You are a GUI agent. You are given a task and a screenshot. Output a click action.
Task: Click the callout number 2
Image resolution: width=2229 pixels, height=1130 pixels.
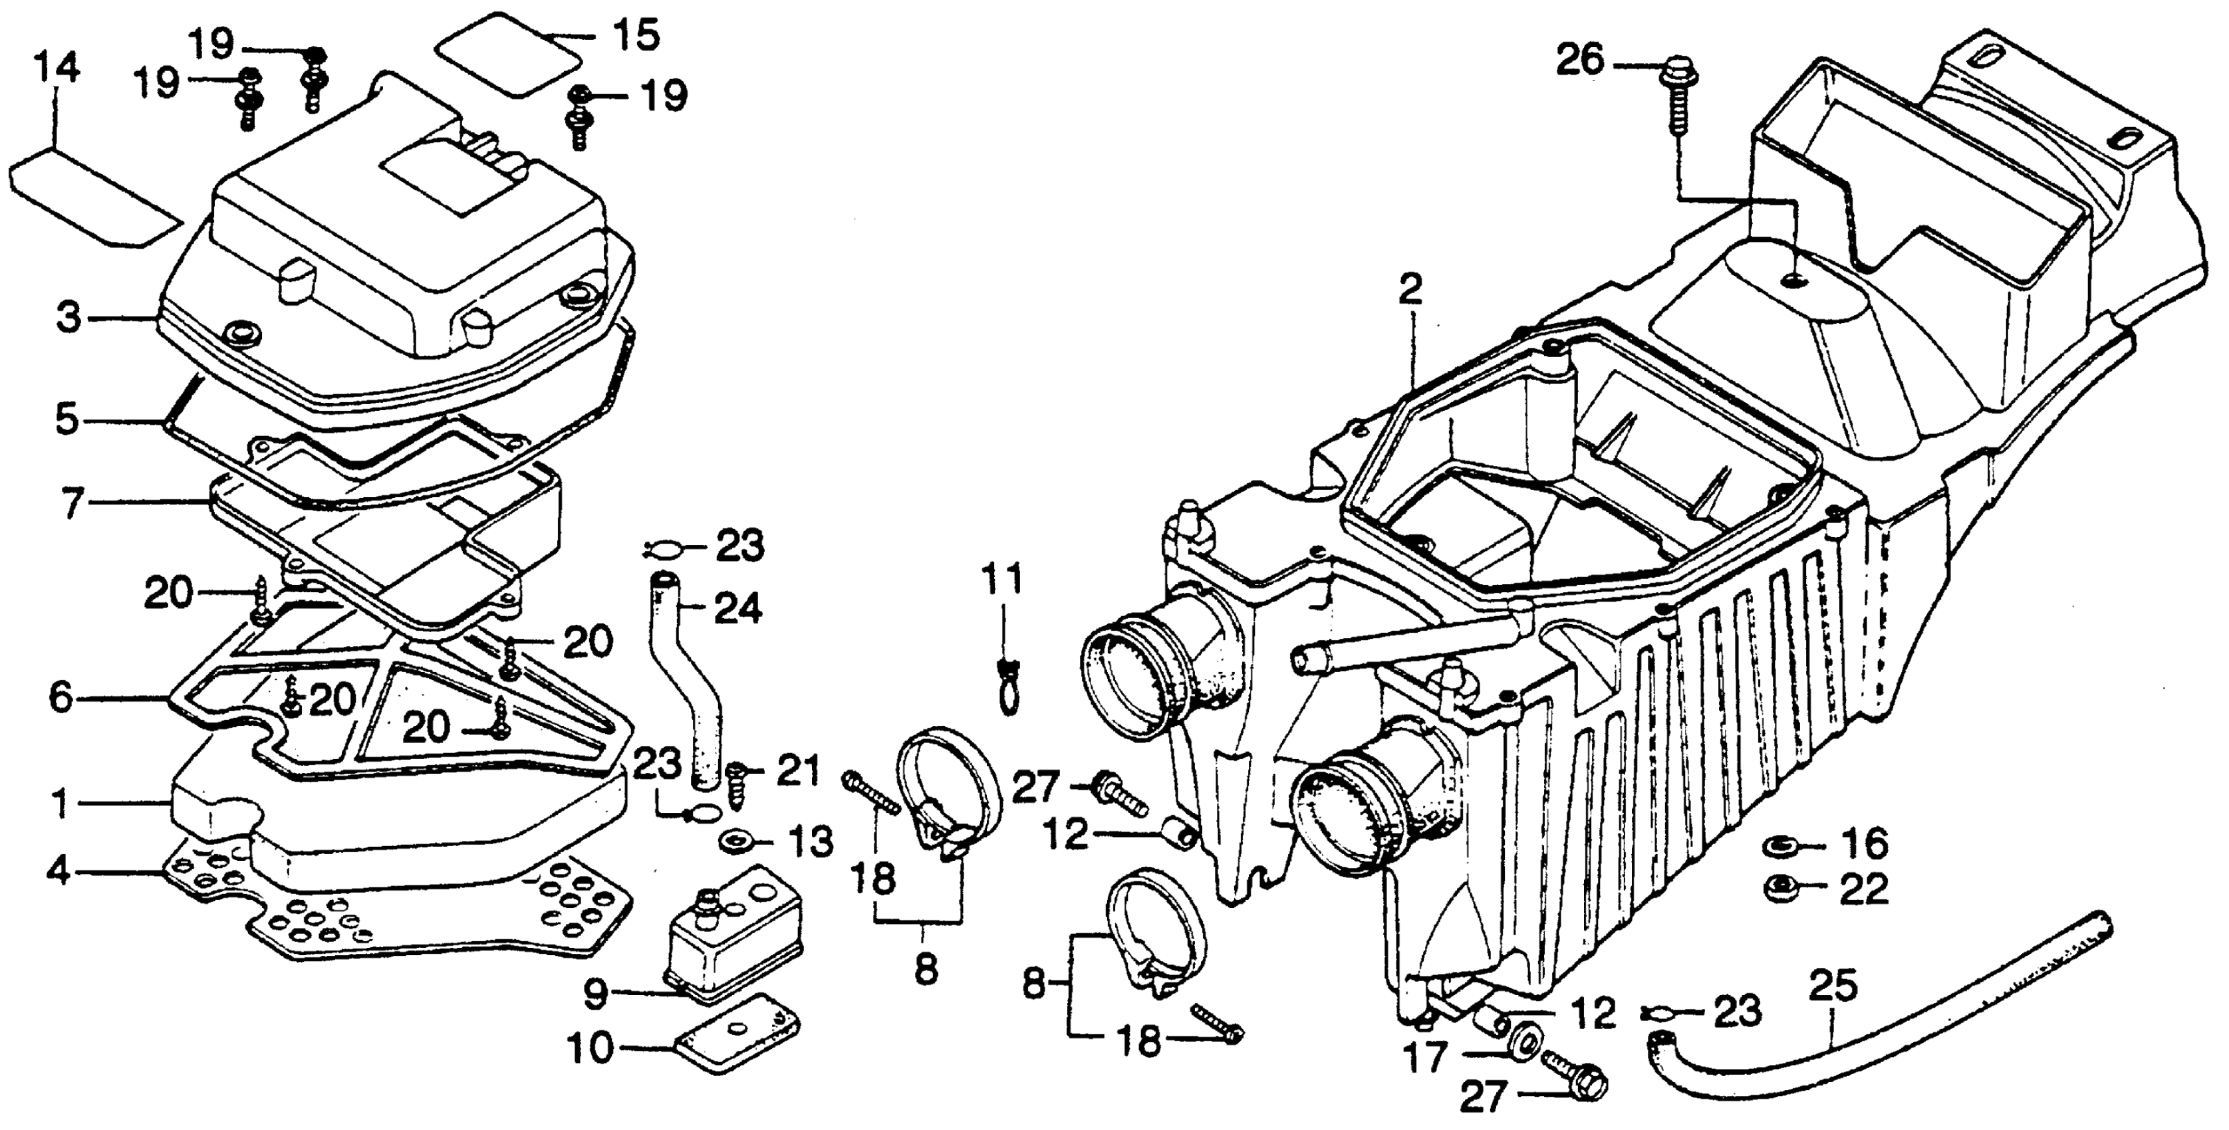point(1410,292)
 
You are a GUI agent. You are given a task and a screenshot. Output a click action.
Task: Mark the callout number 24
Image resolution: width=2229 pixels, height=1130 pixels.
point(738,610)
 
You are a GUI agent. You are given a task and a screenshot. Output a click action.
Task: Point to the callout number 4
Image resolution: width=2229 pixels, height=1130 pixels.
point(59,873)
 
